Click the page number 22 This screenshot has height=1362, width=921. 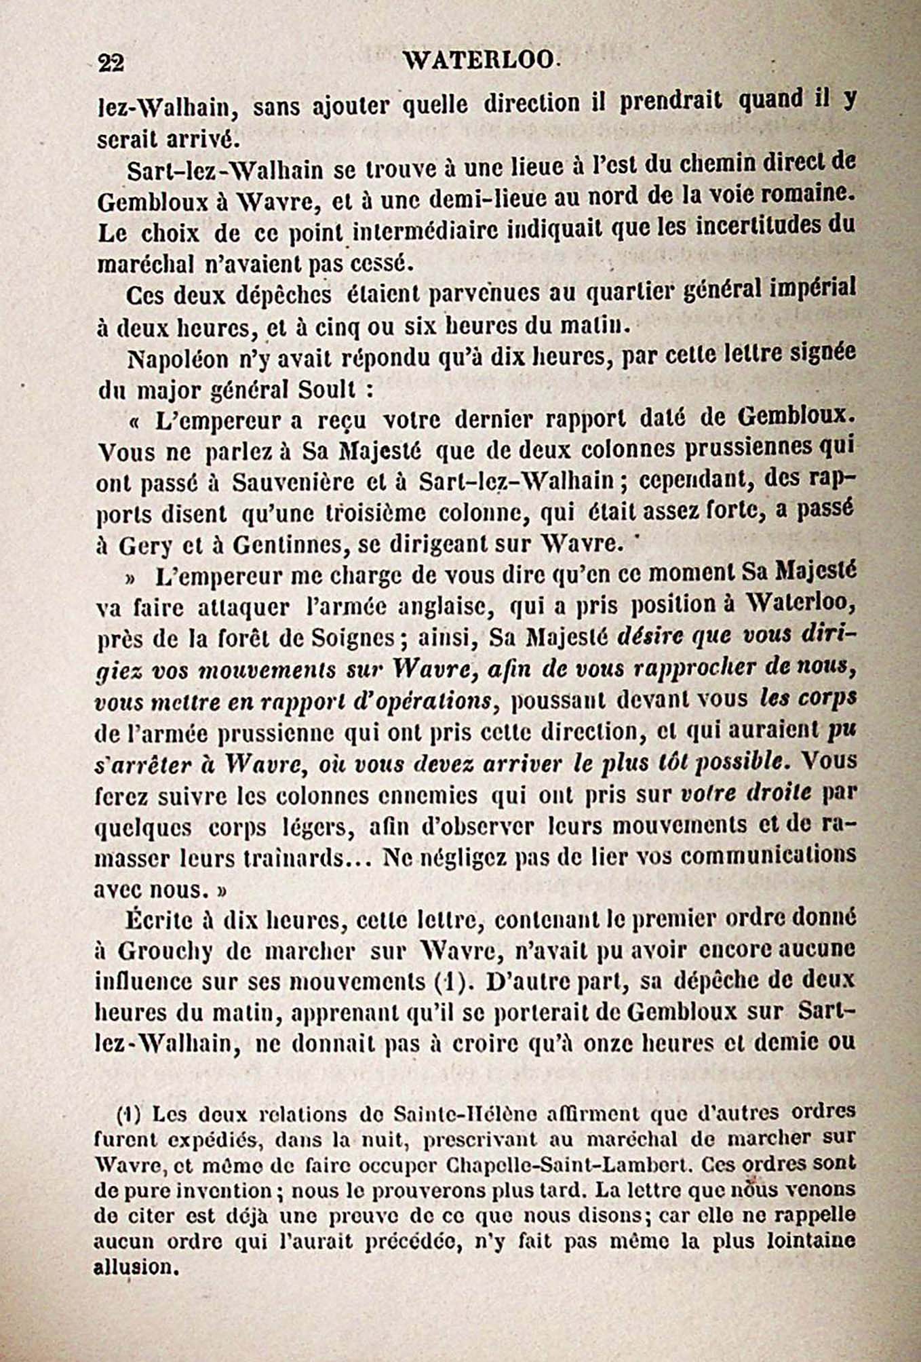(111, 63)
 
